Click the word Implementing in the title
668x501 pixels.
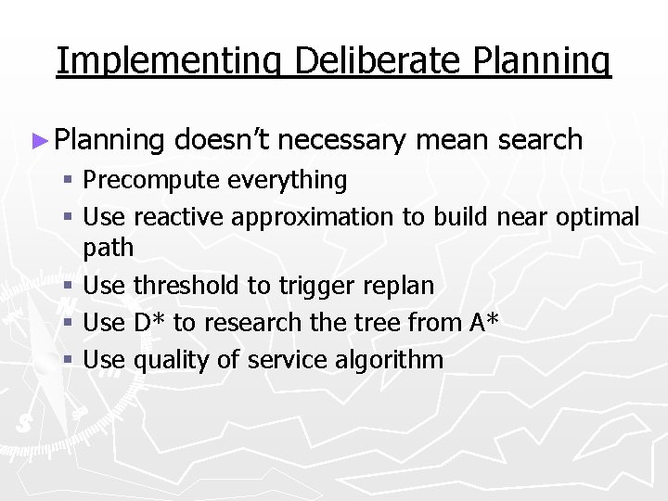point(171,60)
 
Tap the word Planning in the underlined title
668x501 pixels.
point(545,60)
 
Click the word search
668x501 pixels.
point(540,140)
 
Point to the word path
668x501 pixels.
point(108,249)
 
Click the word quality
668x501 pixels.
point(173,360)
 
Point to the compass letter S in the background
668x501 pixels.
point(23,423)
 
